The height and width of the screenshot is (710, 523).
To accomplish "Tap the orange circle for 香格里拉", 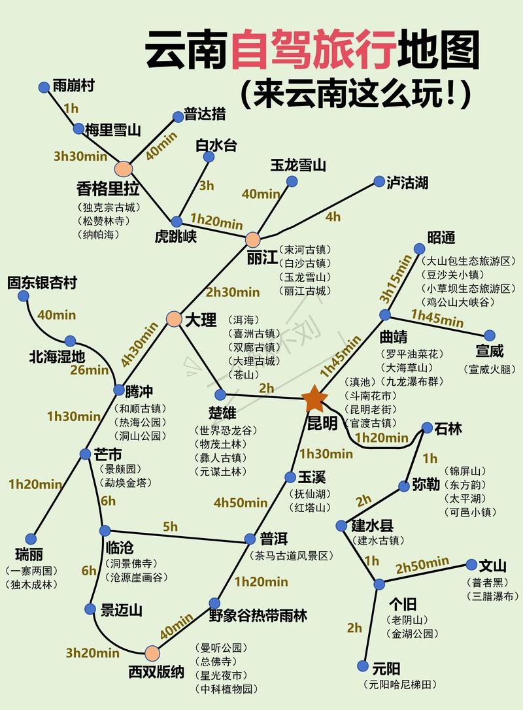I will click(123, 169).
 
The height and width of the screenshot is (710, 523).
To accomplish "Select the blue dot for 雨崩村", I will click(44, 87).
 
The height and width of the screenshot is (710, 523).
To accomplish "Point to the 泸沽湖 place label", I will click(407, 182).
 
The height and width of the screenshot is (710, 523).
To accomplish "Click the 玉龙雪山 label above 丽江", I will click(298, 165).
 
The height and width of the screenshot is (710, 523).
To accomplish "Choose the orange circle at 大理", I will click(173, 319).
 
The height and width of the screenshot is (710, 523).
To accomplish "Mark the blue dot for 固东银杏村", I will click(24, 296).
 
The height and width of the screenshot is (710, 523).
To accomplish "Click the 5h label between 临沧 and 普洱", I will click(170, 526).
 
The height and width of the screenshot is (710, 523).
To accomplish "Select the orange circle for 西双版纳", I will click(152, 652).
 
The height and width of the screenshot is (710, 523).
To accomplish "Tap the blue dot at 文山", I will click(472, 564).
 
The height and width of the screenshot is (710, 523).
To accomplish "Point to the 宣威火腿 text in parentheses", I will click(490, 369).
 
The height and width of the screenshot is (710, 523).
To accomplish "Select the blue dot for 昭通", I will click(420, 248).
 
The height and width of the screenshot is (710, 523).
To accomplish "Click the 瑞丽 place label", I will click(30, 554).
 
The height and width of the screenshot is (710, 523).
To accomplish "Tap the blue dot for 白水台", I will click(209, 157).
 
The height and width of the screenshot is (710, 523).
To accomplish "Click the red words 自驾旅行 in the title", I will click(314, 50).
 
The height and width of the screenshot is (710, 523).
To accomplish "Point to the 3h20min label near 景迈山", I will click(92, 652).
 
